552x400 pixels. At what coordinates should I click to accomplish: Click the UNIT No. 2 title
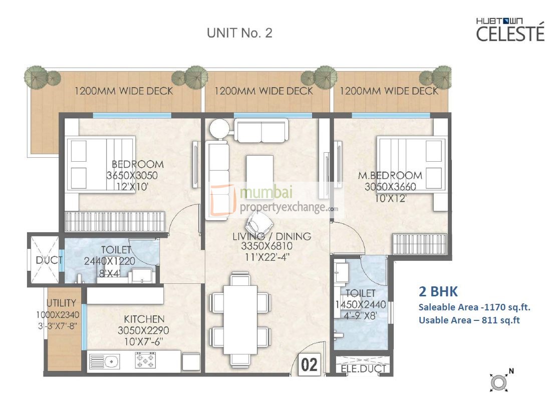coord(239,34)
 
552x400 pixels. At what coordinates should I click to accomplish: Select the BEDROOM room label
coord(137,164)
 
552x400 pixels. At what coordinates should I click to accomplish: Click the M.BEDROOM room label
coord(390,176)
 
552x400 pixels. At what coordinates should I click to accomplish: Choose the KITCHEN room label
coord(144,319)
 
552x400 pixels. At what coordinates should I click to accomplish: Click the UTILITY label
coord(61,303)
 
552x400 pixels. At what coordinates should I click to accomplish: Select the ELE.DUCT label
coord(363,369)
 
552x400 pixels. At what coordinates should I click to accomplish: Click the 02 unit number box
coord(310,365)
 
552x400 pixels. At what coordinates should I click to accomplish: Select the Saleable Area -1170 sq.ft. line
coord(474,307)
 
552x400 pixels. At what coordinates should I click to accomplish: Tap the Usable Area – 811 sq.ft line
coord(469,320)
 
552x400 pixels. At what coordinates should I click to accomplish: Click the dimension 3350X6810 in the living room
coord(273,246)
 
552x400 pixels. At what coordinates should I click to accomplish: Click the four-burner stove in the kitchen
coord(145,360)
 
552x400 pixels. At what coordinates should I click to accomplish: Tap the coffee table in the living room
coord(259,170)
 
